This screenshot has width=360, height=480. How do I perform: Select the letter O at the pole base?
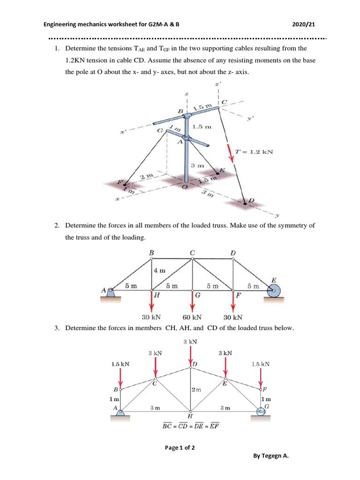coord(184,187)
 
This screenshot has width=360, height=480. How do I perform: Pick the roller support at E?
coord(273,292)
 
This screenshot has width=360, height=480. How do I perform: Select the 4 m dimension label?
coord(159,270)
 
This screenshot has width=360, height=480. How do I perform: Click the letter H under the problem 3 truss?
coord(190,416)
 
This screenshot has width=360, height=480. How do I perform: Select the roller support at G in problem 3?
coord(261,411)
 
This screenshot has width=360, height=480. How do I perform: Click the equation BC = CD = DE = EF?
coord(190,426)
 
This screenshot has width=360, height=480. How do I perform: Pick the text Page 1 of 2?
coord(180,447)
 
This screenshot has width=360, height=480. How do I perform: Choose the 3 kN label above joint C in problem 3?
coord(156,352)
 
